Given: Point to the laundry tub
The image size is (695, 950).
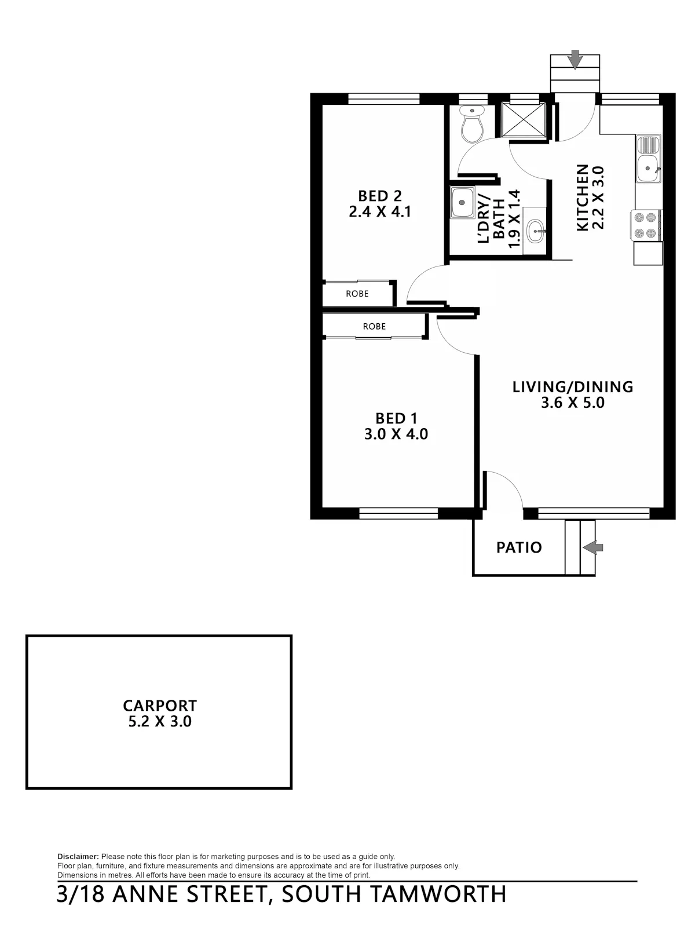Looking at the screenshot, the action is (x=462, y=202).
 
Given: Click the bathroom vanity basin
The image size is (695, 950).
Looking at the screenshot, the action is (x=536, y=231).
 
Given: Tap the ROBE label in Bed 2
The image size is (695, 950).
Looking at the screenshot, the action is (x=357, y=294).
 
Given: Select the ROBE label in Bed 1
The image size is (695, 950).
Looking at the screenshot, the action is (x=374, y=326).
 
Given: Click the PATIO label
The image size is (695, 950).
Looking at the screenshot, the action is (x=519, y=547).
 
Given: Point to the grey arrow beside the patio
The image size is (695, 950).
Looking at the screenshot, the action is (x=592, y=548).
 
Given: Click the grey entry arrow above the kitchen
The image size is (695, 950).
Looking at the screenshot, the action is (x=575, y=59).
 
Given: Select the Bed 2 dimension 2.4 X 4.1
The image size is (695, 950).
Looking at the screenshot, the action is (x=380, y=211).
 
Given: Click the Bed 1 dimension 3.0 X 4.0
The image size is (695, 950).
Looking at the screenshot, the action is (x=396, y=434).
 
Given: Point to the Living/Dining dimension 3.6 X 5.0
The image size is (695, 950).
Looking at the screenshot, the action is (x=572, y=402).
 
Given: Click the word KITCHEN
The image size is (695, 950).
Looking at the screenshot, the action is (x=582, y=198).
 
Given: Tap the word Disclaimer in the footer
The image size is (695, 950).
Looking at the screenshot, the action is (x=78, y=857).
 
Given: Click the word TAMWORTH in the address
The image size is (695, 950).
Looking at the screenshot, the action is (x=439, y=894).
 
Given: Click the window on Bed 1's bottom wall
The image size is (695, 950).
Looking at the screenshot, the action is (x=398, y=514).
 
